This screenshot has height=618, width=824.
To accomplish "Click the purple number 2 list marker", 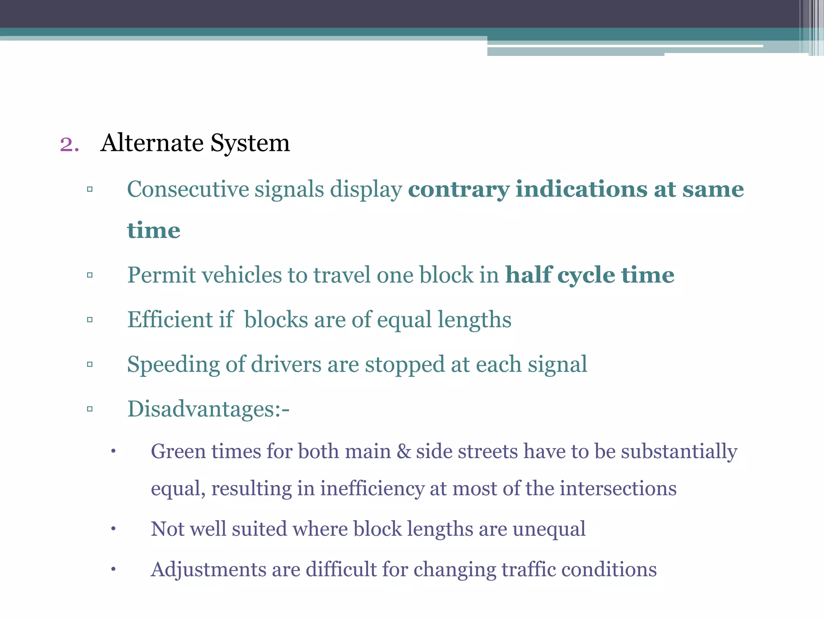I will tap(69, 144).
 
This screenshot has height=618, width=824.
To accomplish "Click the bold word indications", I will tap(582, 189).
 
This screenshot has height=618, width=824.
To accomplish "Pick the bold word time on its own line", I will tap(154, 230).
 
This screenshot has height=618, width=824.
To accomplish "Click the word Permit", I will tap(161, 276).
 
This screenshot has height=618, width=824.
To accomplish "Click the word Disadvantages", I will tap(203, 409).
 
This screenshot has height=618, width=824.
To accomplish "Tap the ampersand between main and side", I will tap(404, 451).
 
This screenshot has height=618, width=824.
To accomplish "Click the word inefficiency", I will tap(372, 489).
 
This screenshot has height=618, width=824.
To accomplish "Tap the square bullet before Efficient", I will tap(90, 320).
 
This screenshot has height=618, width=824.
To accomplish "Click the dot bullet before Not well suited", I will tap(113, 529).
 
